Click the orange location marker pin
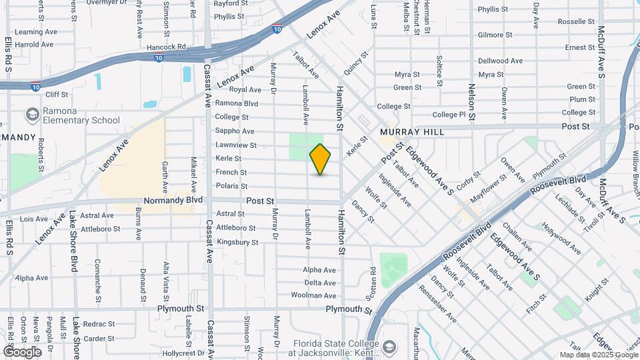pyautogui.click(x=321, y=159)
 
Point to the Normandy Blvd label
pyautogui.click(x=173, y=200)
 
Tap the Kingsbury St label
pyautogui.click(x=237, y=242)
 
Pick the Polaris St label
pyautogui.click(x=231, y=186)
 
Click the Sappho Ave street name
pyautogui.click(x=235, y=131)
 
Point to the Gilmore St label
pyautogui.click(x=495, y=35)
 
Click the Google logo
pyautogui.click(x=22, y=351)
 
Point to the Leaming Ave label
pyautogui.click(x=36, y=31)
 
